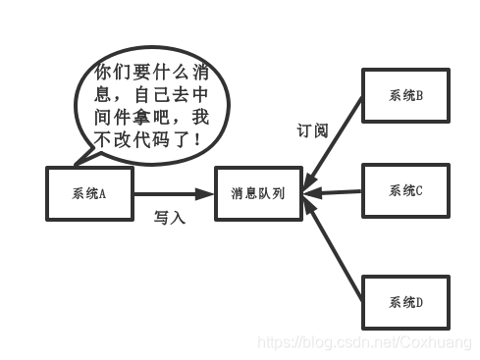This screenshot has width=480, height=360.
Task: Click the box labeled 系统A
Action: pos(89,192)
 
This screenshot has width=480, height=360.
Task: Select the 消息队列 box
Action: pos(258,192)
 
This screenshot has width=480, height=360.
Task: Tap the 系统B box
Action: pos(405,95)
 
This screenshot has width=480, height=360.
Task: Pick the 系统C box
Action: pos(405,190)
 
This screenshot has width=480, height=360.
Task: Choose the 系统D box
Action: pos(405,302)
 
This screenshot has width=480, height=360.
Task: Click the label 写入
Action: pos(169,218)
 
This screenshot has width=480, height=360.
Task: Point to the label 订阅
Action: pos(312,130)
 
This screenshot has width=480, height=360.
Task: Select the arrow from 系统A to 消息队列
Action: pos(172,193)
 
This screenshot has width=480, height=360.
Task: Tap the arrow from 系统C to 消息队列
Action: pos(334,191)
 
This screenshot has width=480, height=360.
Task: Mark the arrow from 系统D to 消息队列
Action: pos(334,244)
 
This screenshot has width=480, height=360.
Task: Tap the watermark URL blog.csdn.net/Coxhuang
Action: pos(363,342)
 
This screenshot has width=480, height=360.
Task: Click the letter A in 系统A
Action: pos(101,192)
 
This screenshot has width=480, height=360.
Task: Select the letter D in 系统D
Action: pos(419,302)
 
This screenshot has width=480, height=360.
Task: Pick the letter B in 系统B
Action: pos(419,95)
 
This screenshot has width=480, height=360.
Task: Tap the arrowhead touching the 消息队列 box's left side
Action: pos(207,193)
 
